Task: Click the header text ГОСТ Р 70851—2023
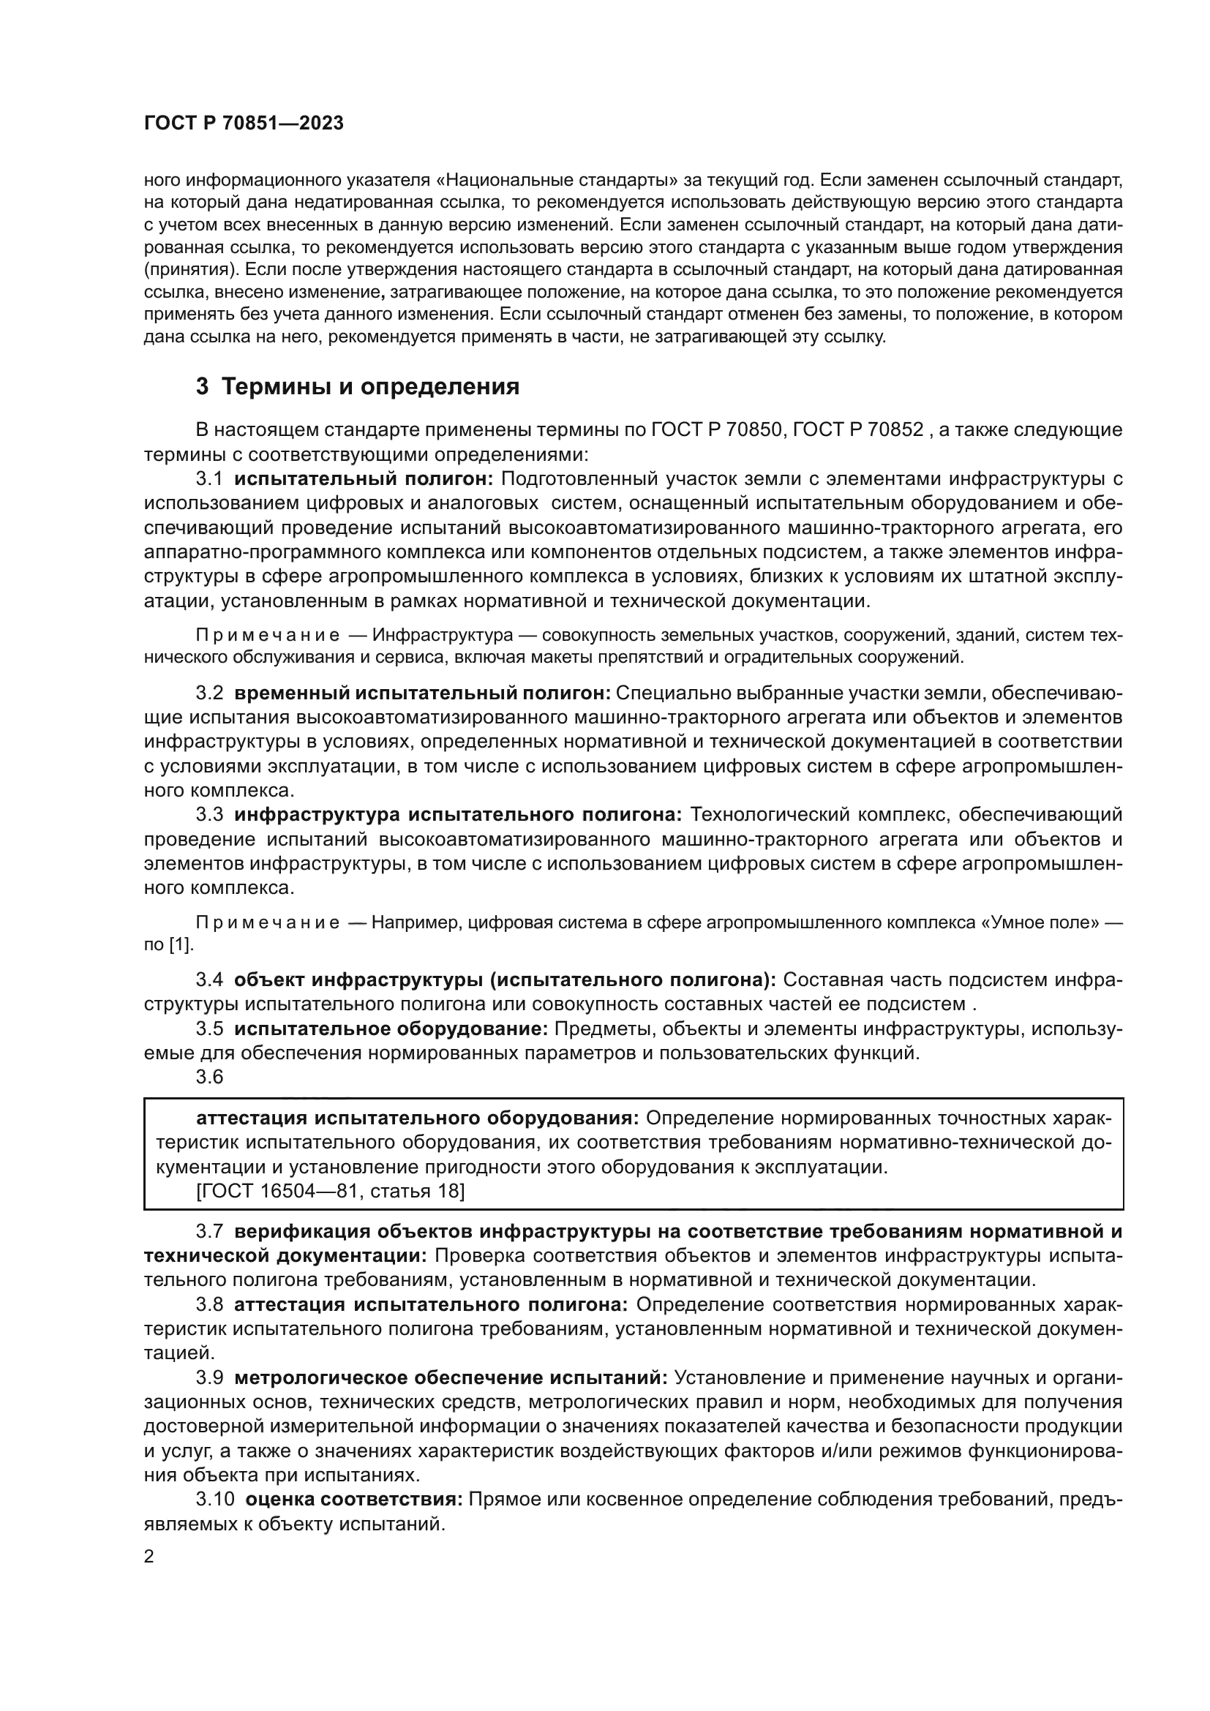[x=244, y=124]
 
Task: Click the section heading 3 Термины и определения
[x=358, y=387]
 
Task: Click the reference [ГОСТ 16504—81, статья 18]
[x=330, y=1192]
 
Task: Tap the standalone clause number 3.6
[x=209, y=1076]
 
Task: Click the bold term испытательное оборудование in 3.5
[x=391, y=1029]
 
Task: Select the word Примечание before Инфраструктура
[x=268, y=636]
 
